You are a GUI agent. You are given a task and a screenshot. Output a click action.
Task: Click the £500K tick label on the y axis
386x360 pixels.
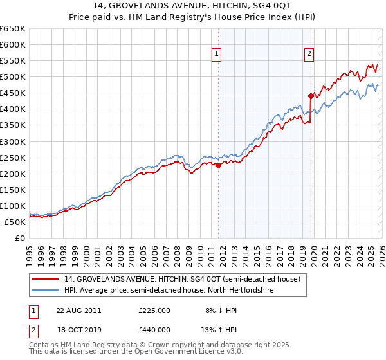coord(13,76)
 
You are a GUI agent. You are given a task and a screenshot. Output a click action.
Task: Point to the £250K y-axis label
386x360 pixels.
coord(13,157)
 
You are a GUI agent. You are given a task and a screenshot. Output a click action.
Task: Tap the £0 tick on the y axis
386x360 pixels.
coord(21,238)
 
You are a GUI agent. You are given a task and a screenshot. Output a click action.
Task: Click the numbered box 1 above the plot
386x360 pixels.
coord(217,55)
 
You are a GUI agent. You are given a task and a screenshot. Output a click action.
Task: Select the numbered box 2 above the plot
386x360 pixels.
coord(309,55)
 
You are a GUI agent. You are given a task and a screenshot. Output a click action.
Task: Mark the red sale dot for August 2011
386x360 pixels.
coord(218,165)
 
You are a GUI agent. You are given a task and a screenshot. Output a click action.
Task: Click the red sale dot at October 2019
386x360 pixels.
coord(311,96)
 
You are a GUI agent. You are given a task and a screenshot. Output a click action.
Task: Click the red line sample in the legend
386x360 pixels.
coord(46,279)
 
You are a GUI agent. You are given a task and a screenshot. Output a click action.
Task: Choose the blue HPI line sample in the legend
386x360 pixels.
coord(46,290)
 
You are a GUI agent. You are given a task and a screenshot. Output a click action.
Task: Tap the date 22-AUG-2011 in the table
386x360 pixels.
coord(78,310)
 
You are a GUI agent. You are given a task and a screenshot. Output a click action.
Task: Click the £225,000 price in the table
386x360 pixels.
coord(154,310)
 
